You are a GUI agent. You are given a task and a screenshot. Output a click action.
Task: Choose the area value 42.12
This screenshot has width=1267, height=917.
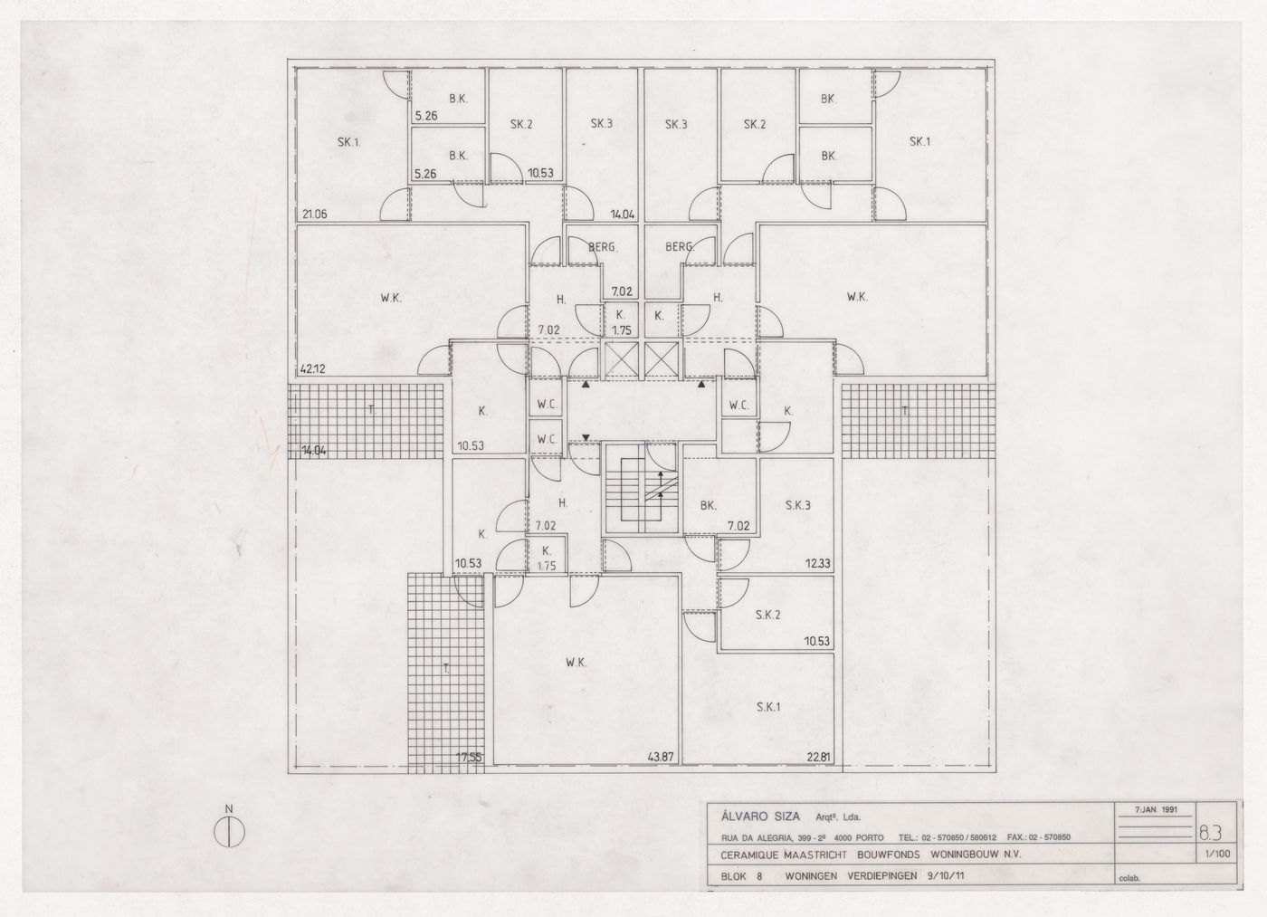click(x=313, y=369)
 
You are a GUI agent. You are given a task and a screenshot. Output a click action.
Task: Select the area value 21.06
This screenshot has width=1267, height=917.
click(x=313, y=215)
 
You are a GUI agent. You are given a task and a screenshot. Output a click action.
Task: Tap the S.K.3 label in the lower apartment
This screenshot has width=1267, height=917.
click(x=797, y=505)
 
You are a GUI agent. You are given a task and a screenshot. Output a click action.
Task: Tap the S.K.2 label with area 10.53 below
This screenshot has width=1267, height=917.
click(x=767, y=616)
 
